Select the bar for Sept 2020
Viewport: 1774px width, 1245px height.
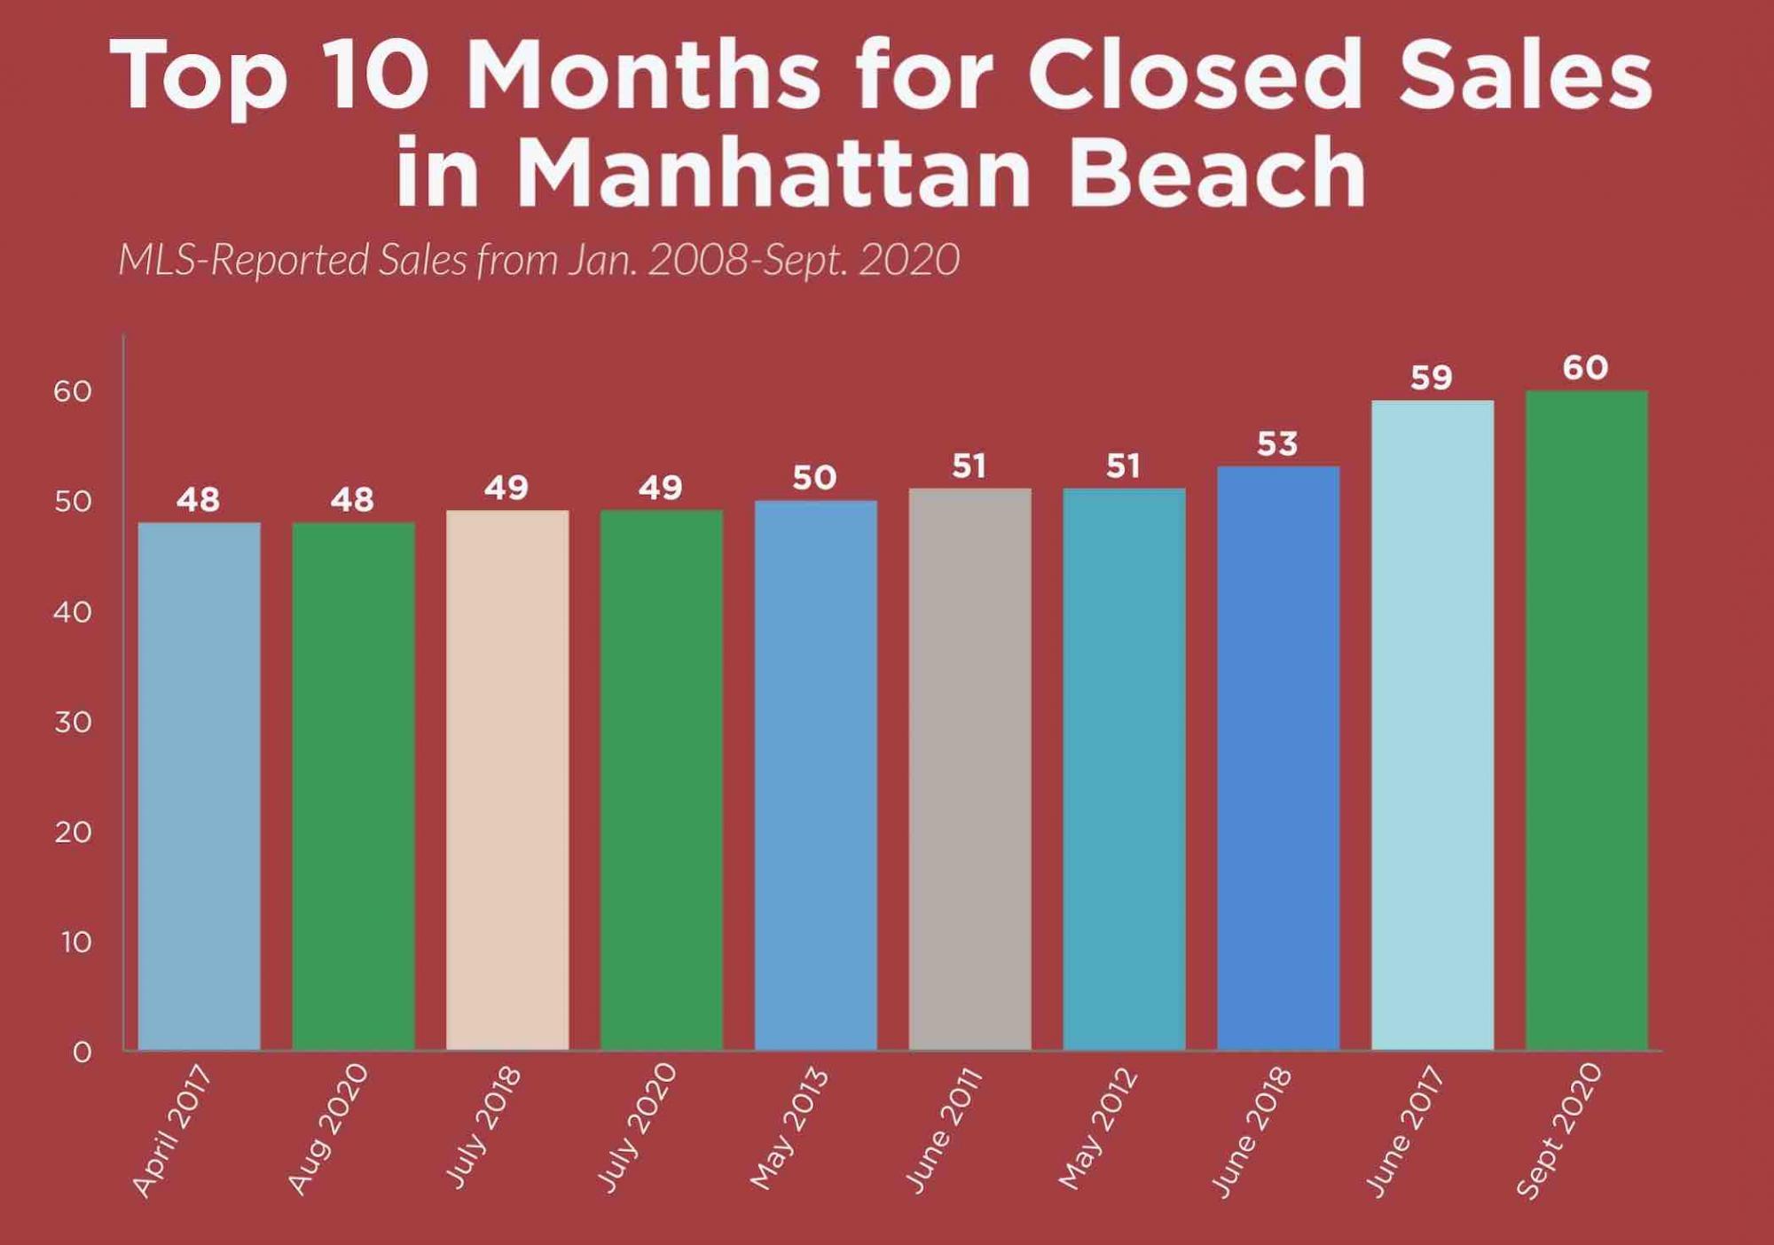coord(1586,720)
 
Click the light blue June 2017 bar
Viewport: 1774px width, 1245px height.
coord(1432,725)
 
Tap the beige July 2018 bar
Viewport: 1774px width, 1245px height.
coord(507,780)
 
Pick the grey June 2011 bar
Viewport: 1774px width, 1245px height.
coord(969,769)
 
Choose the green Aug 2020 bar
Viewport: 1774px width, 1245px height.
coord(353,786)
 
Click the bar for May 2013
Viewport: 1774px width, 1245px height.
coord(815,775)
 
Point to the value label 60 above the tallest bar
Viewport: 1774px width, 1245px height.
coord(1585,368)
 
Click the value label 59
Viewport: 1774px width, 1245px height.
coord(1431,379)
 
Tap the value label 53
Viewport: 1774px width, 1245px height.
coord(1277,444)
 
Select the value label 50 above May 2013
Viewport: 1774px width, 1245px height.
coord(814,479)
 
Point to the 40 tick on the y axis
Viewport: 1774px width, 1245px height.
coord(73,612)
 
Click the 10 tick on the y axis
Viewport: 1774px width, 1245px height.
coord(76,942)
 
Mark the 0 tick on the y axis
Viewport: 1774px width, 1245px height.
coord(82,1053)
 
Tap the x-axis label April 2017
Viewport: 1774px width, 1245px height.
coord(172,1131)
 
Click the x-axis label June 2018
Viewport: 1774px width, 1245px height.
coord(1252,1132)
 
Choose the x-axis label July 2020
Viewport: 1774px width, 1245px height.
coord(636,1128)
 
